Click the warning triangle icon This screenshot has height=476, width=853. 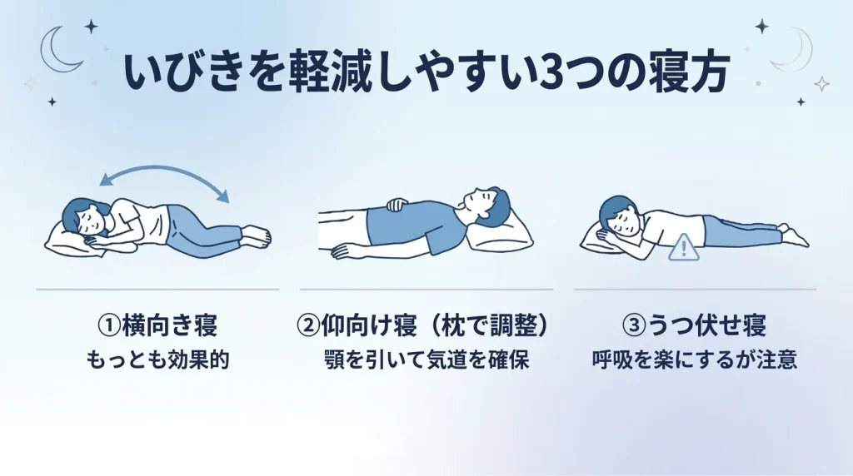click(x=684, y=246)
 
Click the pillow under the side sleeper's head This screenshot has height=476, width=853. click(x=67, y=240)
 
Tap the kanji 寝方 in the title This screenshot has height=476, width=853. click(x=691, y=74)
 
